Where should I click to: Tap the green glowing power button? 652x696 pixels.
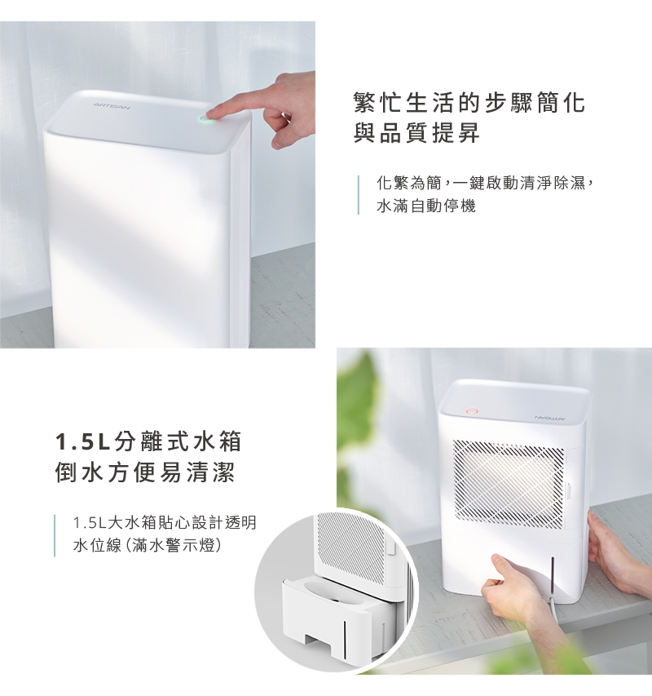(205, 118)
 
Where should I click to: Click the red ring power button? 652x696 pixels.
(472, 411)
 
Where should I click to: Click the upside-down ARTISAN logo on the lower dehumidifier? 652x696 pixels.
(548, 418)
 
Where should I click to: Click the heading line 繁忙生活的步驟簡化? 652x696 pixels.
(469, 103)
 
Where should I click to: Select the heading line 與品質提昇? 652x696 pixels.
(416, 132)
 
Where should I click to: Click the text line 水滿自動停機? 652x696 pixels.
(426, 206)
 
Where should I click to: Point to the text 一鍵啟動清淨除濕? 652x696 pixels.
(519, 183)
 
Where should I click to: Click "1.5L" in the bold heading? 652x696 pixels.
(83, 442)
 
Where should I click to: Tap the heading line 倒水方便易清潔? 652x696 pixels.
(144, 472)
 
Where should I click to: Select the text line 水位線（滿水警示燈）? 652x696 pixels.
(147, 545)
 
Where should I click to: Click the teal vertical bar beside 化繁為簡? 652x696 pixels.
(359, 195)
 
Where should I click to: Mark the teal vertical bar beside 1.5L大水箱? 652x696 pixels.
(55, 535)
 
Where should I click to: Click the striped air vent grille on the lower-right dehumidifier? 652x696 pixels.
(509, 485)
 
